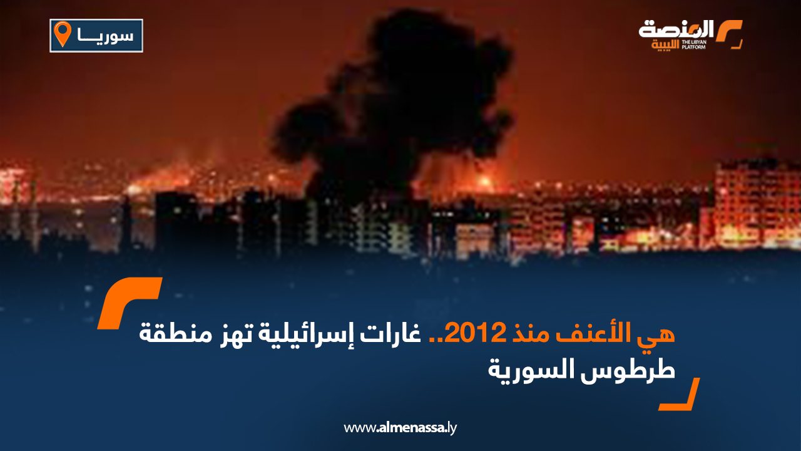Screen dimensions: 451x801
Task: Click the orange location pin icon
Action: pos(63,34)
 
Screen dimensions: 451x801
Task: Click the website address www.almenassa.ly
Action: pos(400,428)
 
